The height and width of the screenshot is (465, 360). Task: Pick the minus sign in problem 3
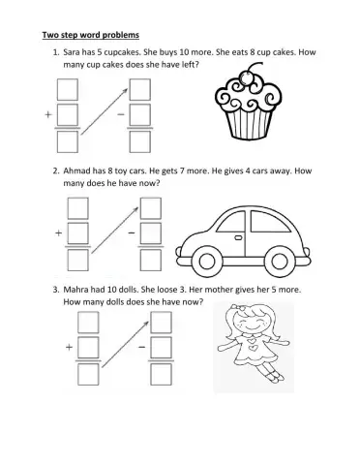[x=140, y=347]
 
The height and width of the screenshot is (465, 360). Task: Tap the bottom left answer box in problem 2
[x=77, y=261]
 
